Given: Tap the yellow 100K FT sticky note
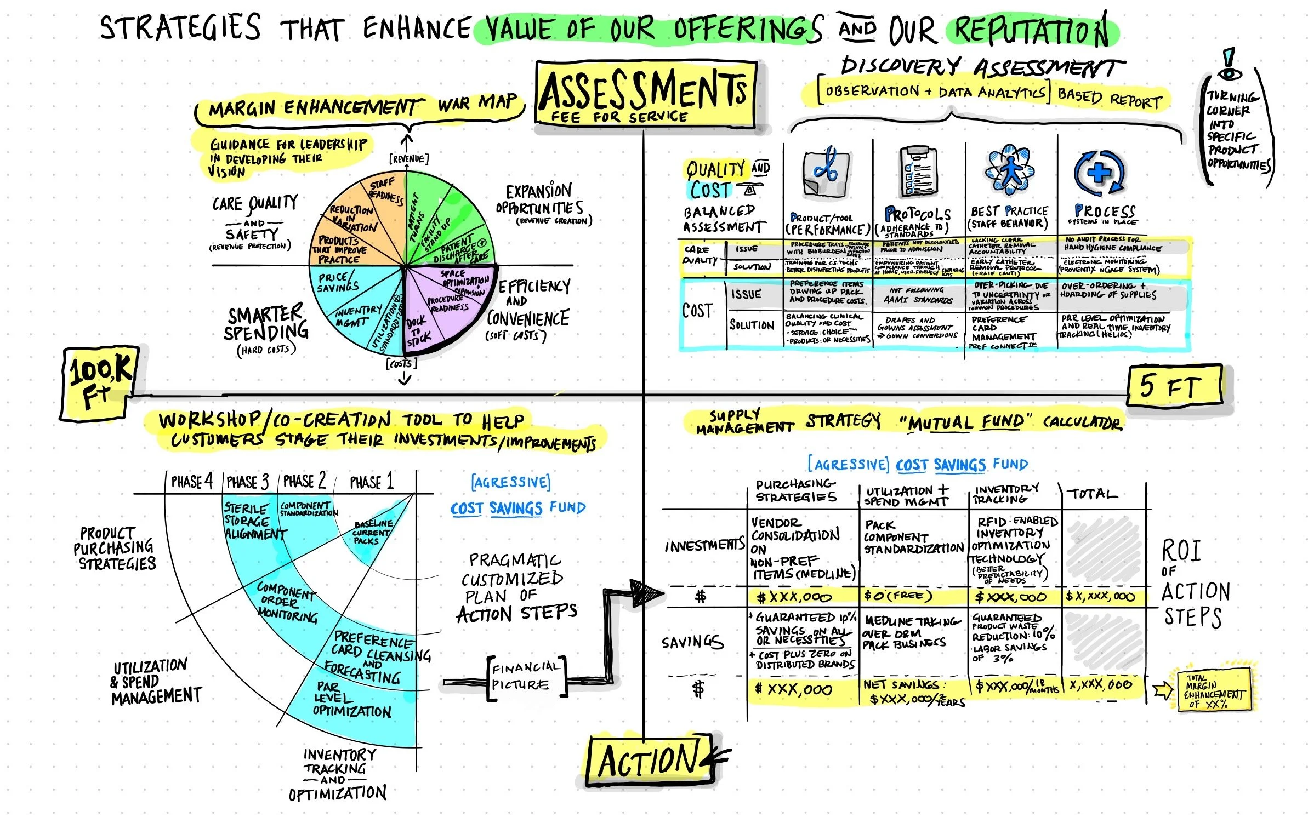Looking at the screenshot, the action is tap(99, 384).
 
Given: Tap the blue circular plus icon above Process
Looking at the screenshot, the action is tap(1099, 173).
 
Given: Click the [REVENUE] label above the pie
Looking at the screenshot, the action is tap(408, 159).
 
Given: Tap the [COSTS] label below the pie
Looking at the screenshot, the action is tap(402, 363).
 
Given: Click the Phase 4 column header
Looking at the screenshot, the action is tap(192, 482).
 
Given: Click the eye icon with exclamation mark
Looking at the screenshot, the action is tap(1229, 64).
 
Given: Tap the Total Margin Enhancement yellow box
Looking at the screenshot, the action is tap(1214, 691).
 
